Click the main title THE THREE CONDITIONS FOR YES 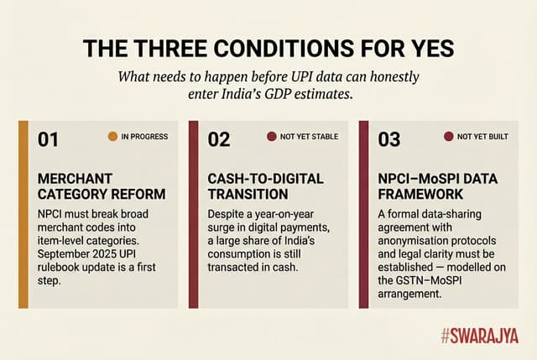(268, 47)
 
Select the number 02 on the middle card (219, 139)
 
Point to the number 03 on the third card (389, 139)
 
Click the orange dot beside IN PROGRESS (112, 136)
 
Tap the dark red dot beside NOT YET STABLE (271, 136)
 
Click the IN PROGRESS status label (145, 136)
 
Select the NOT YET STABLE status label (309, 136)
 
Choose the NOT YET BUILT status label (482, 136)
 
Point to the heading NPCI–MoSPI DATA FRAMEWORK (433, 186)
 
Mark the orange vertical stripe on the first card (23, 214)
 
